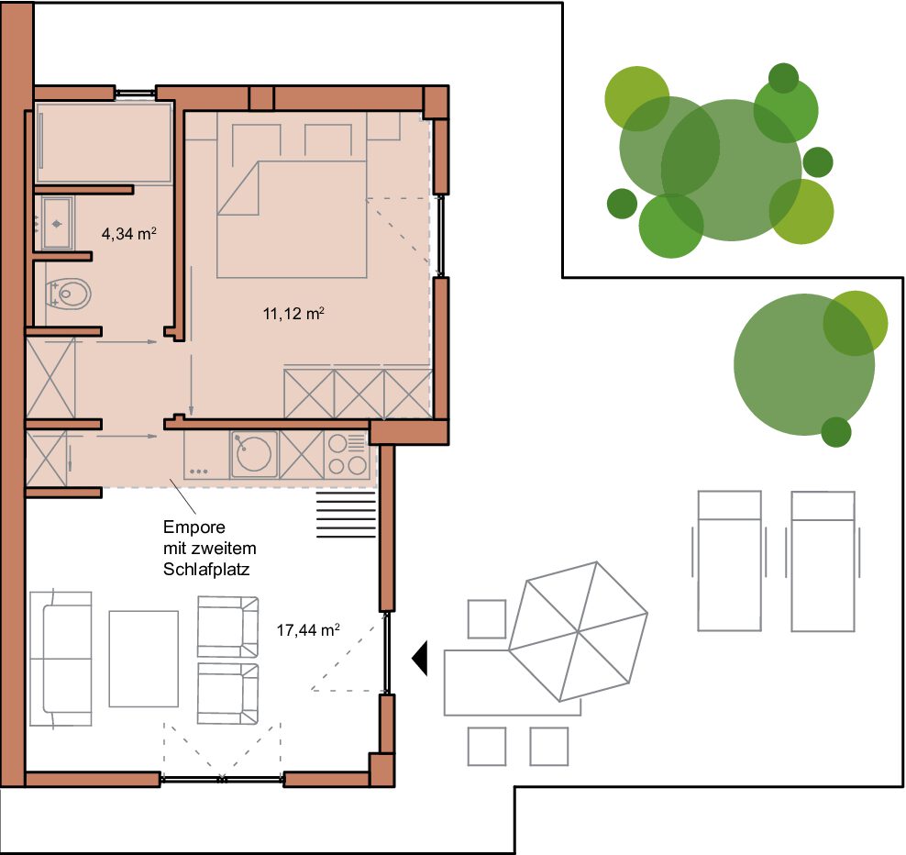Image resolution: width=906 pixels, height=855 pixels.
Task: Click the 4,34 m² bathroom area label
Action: click(x=129, y=234)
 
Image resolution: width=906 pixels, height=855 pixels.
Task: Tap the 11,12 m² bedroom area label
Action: click(x=293, y=314)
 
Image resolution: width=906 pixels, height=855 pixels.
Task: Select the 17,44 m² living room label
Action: click(x=308, y=629)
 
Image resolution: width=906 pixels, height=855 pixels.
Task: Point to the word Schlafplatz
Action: click(x=206, y=570)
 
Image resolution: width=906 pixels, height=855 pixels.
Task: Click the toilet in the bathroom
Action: click(x=68, y=294)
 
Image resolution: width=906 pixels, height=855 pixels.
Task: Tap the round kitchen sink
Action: click(x=253, y=454)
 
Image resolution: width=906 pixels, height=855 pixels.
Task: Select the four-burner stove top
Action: click(x=348, y=454)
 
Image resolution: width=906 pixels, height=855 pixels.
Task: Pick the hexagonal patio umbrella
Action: click(x=578, y=631)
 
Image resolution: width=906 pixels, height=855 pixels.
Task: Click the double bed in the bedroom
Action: click(x=292, y=219)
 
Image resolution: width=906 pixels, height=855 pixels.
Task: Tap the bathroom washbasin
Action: click(x=57, y=223)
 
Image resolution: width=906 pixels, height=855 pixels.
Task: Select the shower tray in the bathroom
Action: click(x=104, y=143)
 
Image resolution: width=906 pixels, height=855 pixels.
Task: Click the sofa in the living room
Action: click(x=61, y=658)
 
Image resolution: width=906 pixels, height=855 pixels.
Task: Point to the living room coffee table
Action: click(x=143, y=659)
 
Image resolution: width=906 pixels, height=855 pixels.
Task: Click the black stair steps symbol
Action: click(x=346, y=515)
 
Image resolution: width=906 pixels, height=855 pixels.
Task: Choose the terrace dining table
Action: click(x=512, y=683)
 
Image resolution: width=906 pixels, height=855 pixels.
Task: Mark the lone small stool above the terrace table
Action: click(x=487, y=619)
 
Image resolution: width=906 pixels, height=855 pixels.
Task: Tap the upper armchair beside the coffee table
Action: click(x=227, y=627)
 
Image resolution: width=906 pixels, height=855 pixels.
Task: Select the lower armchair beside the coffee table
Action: click(x=227, y=694)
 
